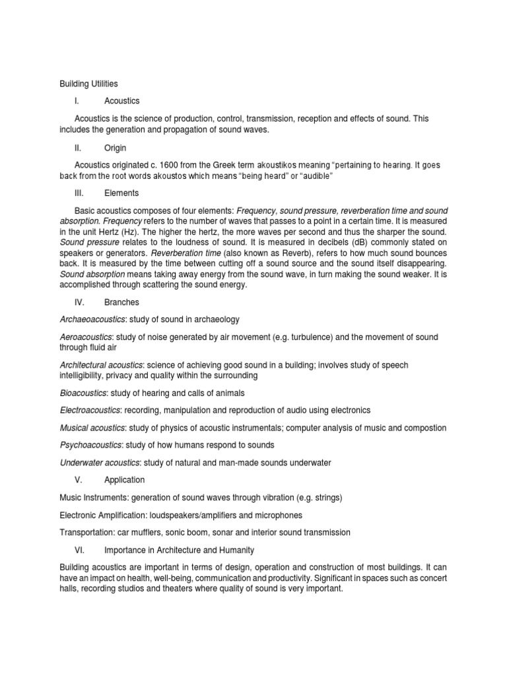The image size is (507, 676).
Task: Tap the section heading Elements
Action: [121, 193]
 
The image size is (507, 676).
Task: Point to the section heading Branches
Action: [121, 302]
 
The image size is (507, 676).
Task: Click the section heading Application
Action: [124, 480]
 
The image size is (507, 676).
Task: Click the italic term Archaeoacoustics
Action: [92, 320]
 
